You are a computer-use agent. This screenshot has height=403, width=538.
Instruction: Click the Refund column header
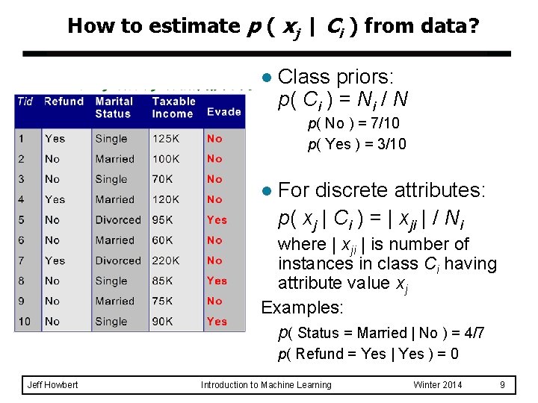point(64,101)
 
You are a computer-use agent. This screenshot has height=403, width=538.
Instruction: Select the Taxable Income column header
point(173,107)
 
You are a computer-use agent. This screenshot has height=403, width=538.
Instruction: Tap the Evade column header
point(223,112)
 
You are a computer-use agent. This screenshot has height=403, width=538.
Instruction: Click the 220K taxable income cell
point(166,260)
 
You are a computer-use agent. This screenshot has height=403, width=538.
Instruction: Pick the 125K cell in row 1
point(166,139)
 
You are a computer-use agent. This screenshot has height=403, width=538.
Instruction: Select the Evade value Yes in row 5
point(217,220)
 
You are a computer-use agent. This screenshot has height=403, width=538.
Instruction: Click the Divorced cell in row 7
point(117,260)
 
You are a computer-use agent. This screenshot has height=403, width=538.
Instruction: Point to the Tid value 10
point(25,322)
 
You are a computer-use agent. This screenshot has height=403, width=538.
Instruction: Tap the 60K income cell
point(164,240)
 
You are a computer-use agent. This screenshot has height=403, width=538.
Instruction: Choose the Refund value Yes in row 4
point(55,200)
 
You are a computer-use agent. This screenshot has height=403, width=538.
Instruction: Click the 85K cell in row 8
point(164,281)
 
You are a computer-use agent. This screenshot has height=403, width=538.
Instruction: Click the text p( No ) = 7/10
point(353,124)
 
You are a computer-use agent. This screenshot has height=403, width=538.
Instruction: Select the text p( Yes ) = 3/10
point(357,144)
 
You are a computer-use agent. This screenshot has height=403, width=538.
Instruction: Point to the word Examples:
point(303,307)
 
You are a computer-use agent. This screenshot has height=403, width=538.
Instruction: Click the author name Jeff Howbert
point(52,385)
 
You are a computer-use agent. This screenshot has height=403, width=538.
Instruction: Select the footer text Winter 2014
point(437,385)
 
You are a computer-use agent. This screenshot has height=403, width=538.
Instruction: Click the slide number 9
point(503,385)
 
